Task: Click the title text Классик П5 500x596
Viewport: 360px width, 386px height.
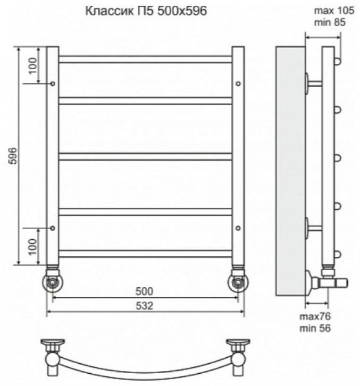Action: tap(146, 11)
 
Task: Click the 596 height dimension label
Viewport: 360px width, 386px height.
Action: tap(12, 156)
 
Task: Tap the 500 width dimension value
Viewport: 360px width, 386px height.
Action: tap(144, 291)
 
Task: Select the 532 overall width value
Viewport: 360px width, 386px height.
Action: tap(144, 306)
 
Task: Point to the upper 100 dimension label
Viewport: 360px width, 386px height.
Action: tap(32, 66)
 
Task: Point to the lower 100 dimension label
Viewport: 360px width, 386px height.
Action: tap(32, 247)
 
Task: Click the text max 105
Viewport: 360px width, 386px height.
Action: tap(334, 11)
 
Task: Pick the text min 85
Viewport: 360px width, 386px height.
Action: tap(330, 22)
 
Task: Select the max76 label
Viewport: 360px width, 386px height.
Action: tap(315, 316)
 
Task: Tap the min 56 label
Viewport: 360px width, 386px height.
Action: tap(315, 328)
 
